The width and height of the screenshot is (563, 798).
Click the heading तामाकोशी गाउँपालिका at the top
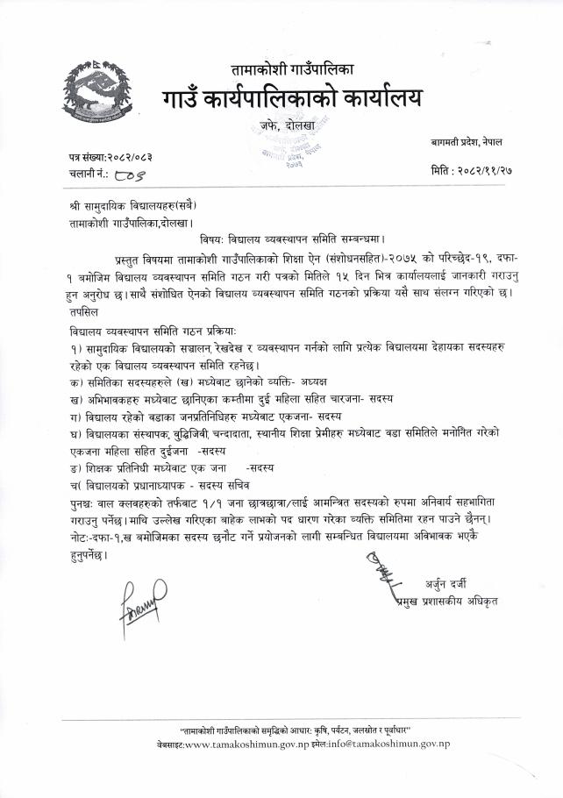coord(291,68)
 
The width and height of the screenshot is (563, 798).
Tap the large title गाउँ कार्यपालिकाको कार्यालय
coord(290,95)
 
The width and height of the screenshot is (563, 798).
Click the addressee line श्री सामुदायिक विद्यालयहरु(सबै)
coord(132,208)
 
